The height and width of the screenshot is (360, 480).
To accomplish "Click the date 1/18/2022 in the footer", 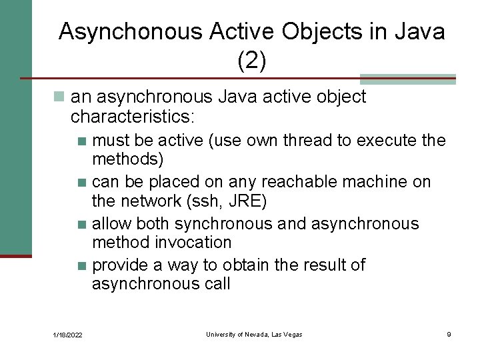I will point(67,335).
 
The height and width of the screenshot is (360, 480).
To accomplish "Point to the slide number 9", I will point(449,334).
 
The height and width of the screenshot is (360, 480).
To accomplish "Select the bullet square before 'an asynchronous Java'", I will point(60,97).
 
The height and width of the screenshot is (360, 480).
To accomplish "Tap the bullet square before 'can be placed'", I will point(82,183).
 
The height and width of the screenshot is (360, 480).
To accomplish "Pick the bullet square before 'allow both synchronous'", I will point(82,224).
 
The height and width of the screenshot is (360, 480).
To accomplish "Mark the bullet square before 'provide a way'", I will point(82,266).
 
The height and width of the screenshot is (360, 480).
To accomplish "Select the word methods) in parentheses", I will point(127,159).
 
